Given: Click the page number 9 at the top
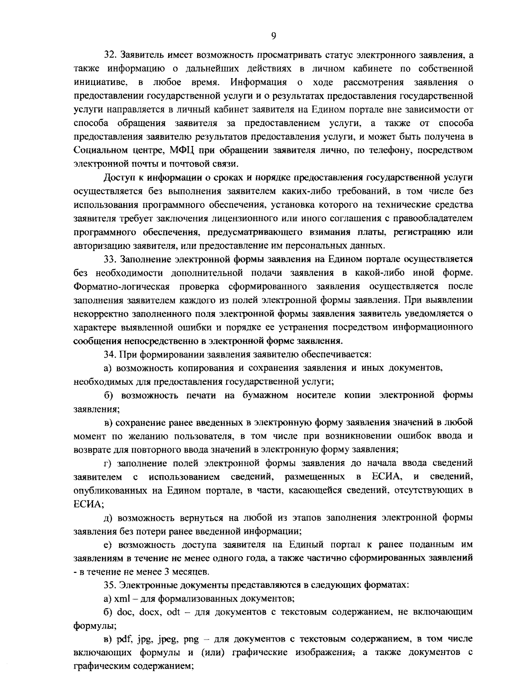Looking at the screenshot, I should pos(273,36).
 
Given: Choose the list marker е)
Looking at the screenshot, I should pos(109,544).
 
